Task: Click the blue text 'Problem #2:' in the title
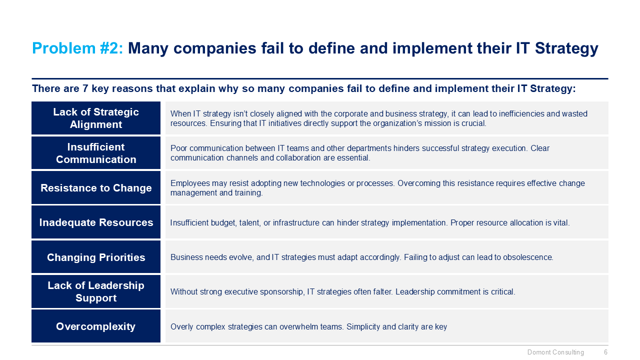tap(77, 48)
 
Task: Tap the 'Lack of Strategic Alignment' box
tap(96, 118)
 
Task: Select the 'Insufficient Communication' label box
tap(96, 153)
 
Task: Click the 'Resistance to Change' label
tap(96, 187)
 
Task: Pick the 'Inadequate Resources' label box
tap(96, 222)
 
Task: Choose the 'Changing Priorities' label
tap(96, 257)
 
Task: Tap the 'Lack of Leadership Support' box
tap(96, 291)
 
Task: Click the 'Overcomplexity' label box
tap(96, 326)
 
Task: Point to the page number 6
tap(605, 352)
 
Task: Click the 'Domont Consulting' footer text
tap(555, 352)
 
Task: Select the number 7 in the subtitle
tap(85, 88)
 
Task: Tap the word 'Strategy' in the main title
tap(566, 48)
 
